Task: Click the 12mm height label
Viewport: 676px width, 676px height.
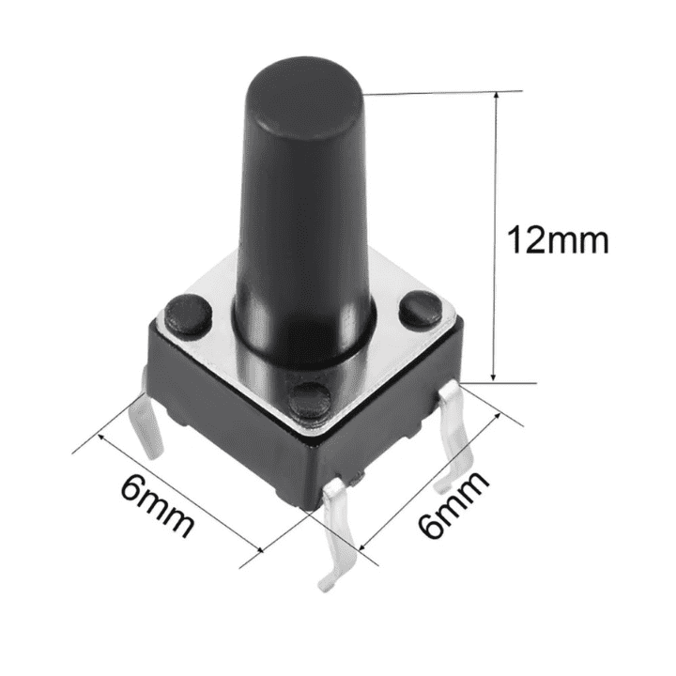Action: coord(558,240)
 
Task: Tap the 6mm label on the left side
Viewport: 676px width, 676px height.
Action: coord(158,508)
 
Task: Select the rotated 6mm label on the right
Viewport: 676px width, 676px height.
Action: coord(456,504)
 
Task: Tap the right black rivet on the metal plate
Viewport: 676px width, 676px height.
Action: coord(419,309)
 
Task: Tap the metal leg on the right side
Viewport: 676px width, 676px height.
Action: coord(457,441)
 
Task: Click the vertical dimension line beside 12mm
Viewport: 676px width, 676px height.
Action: coord(495,235)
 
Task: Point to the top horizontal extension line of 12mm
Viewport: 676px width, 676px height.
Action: coord(441,92)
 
